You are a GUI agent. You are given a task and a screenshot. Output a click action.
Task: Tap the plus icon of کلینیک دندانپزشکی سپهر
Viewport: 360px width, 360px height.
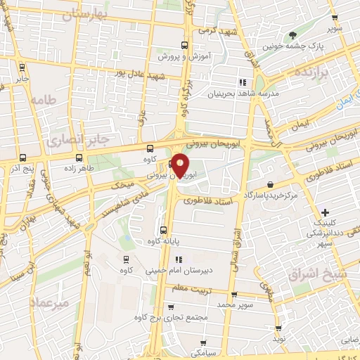point(324,212)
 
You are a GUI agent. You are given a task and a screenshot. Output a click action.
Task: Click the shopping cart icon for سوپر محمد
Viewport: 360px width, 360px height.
point(234,295)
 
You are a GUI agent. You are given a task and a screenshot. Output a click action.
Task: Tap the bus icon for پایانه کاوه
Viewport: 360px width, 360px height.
point(164,230)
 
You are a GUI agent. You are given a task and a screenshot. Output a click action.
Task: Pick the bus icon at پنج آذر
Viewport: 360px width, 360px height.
point(22,157)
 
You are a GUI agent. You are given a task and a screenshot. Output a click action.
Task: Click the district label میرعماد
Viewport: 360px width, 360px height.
point(51,302)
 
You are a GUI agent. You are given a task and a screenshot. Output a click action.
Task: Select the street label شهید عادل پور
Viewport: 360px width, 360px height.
point(141,75)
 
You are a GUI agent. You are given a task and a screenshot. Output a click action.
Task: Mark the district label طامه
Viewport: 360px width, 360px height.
point(42,101)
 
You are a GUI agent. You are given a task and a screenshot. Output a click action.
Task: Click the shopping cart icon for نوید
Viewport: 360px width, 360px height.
point(278,328)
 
